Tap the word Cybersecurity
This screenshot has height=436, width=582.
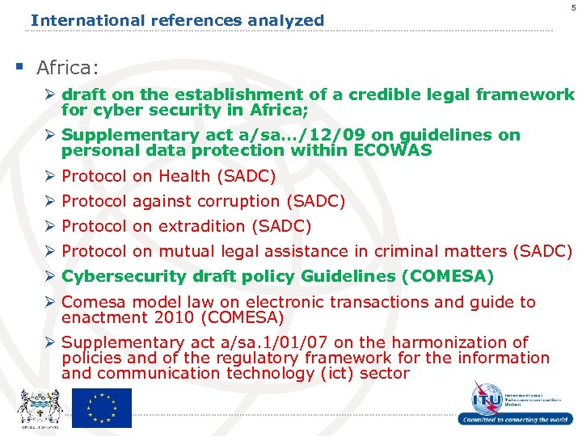(124, 277)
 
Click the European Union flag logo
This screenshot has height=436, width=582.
(101, 408)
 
